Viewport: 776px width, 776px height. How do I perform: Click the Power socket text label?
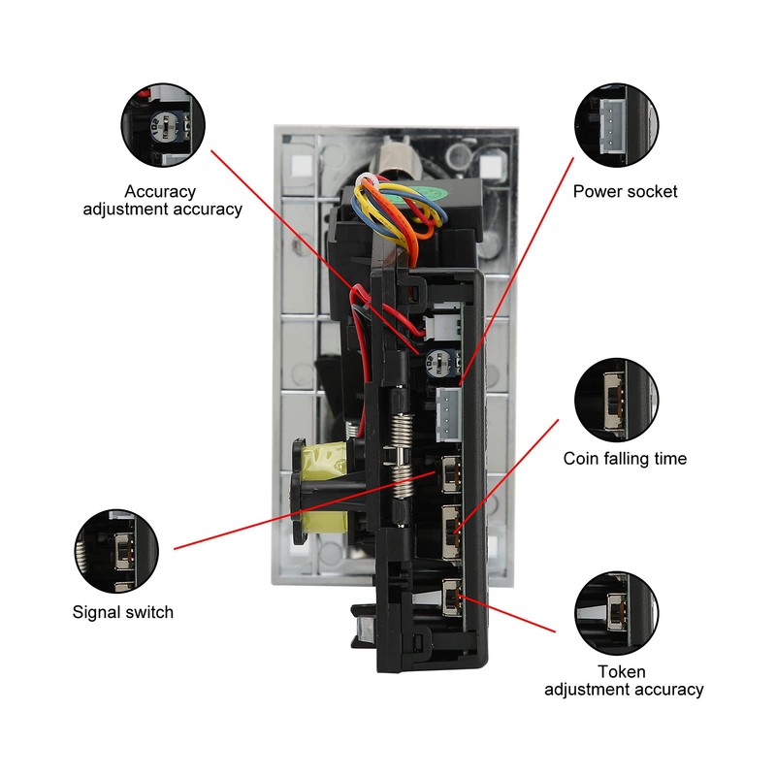625,191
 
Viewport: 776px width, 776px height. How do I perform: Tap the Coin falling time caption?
625,458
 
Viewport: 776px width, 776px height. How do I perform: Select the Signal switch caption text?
123,611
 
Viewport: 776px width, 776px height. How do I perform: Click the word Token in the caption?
622,671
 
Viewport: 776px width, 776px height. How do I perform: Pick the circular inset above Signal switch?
117,550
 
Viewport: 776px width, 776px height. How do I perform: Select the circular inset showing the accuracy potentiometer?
164,124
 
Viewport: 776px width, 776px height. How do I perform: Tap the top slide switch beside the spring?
451,473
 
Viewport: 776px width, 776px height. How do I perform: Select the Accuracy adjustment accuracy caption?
162,200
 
